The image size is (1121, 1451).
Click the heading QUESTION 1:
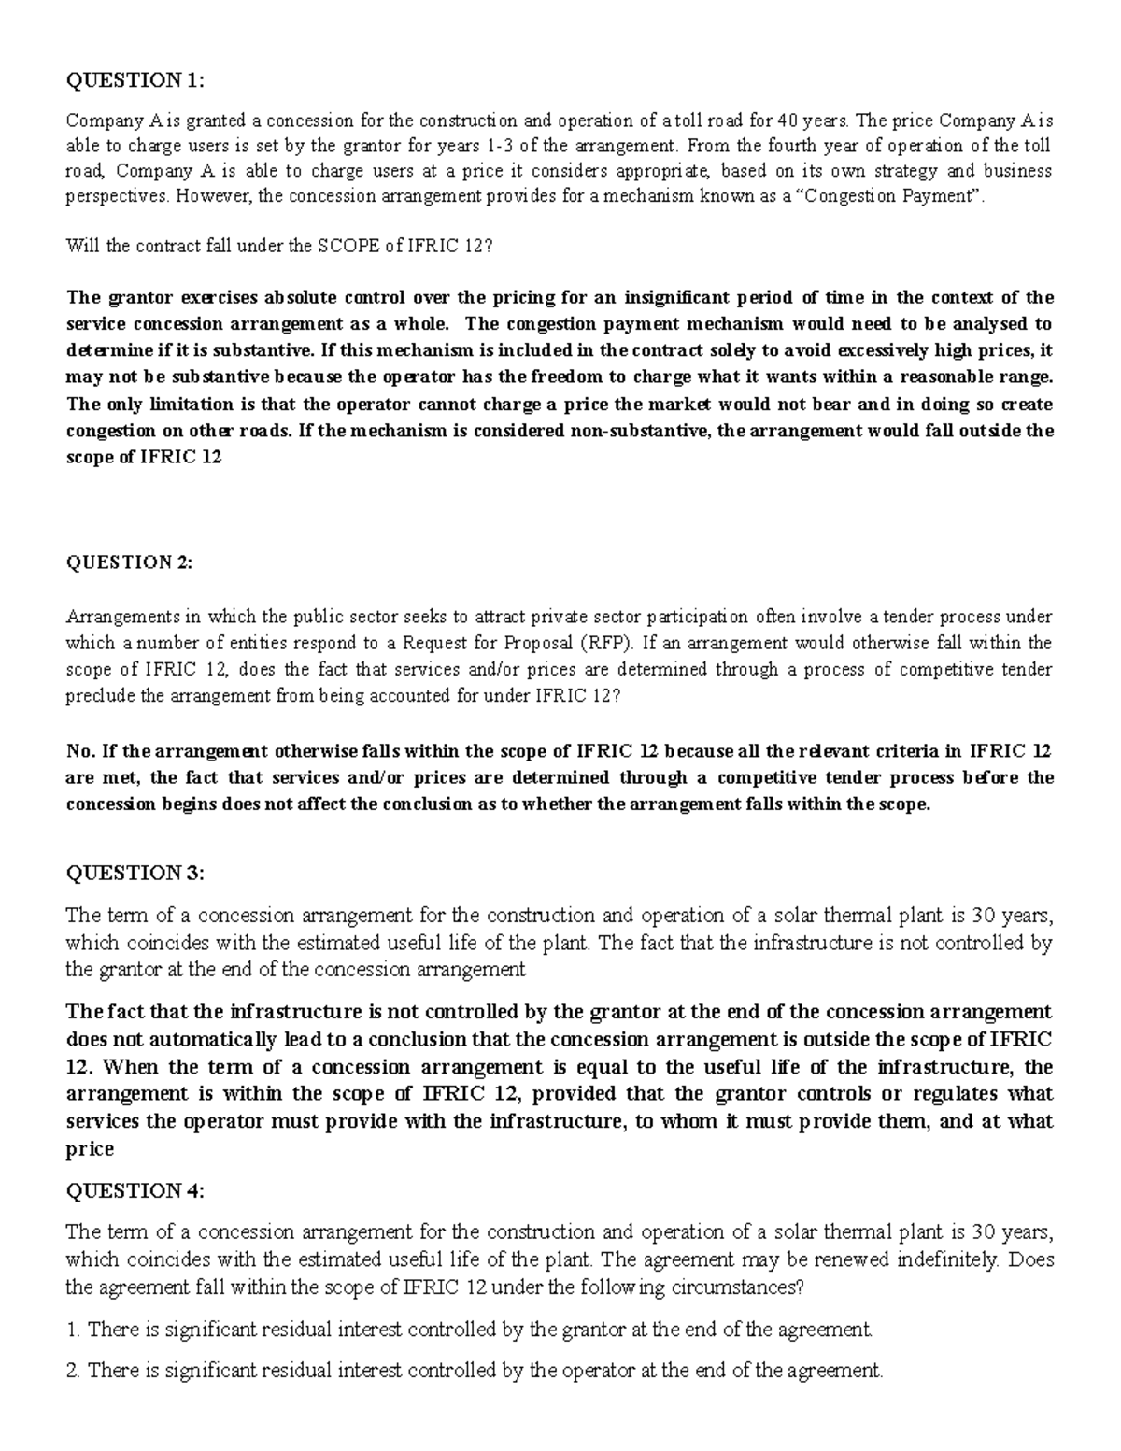click(x=132, y=80)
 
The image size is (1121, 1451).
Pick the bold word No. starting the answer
click(x=80, y=751)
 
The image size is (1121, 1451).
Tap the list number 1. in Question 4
click(x=74, y=1329)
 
